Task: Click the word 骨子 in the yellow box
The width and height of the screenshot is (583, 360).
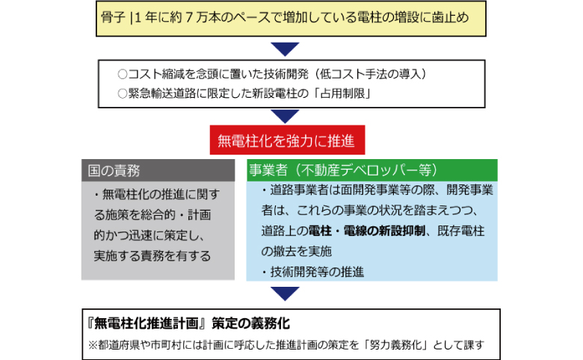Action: tap(113, 17)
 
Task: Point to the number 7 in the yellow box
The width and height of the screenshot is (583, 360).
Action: tap(189, 17)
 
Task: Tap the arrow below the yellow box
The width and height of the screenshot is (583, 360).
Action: tap(286, 49)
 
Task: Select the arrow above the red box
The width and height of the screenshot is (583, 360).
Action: tap(286, 117)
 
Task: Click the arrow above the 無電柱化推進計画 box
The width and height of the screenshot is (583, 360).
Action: tap(286, 294)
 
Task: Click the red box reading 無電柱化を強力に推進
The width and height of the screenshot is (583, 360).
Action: tap(288, 140)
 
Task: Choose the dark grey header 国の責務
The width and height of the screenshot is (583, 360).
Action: tap(158, 170)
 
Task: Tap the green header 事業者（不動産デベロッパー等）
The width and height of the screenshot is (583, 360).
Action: tap(371, 170)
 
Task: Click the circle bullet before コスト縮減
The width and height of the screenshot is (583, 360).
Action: tap(123, 74)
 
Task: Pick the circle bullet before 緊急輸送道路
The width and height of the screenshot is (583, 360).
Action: tap(123, 93)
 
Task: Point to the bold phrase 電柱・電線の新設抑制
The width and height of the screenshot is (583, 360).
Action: tap(366, 231)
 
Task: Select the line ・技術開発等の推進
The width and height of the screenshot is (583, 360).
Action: tap(312, 272)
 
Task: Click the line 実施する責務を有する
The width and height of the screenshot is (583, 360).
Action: tap(152, 255)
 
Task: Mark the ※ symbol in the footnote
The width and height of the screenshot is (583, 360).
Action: tap(93, 345)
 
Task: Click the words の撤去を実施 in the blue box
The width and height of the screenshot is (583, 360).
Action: tap(296, 252)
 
